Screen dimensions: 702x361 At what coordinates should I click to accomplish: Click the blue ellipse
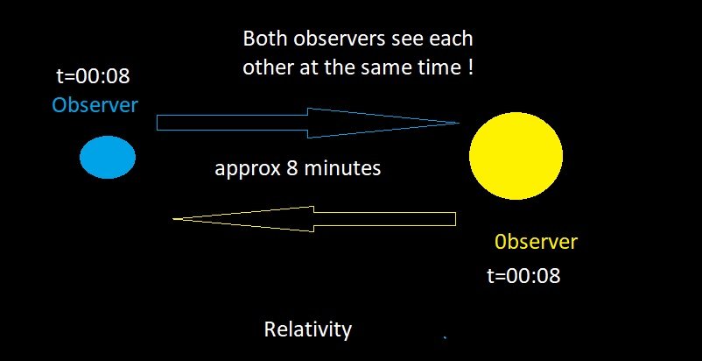[x=108, y=157]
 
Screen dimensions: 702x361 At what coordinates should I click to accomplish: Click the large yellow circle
[x=516, y=155]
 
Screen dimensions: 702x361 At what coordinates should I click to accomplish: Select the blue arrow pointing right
[x=308, y=123]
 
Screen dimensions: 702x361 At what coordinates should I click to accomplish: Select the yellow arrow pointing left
[x=314, y=219]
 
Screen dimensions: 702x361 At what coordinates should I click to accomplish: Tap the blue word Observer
[x=95, y=105]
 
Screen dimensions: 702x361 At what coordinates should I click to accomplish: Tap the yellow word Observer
[x=536, y=242]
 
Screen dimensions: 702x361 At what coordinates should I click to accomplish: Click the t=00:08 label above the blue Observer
[x=93, y=76]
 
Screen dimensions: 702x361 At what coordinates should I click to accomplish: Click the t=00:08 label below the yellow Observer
[x=523, y=275]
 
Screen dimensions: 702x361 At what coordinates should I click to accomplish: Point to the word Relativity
[x=308, y=329]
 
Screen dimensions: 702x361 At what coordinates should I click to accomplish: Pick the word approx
[x=247, y=169]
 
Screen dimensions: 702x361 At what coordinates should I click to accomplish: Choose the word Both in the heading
[x=266, y=39]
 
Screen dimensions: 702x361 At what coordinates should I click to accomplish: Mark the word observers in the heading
[x=340, y=39]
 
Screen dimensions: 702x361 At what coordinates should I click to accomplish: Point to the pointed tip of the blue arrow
[x=460, y=123]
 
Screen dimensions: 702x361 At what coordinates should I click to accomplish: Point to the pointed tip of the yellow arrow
[x=173, y=219]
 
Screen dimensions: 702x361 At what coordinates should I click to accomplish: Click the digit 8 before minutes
[x=291, y=168]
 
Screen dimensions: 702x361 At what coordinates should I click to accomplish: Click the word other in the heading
[x=268, y=67]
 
